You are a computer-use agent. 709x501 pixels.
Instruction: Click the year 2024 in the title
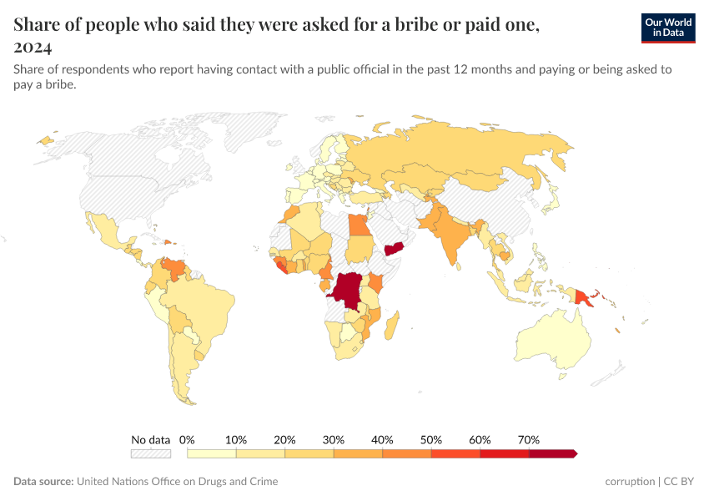[x=33, y=46]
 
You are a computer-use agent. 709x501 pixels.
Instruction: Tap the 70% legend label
[x=529, y=439]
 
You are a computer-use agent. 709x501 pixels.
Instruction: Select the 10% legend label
[x=236, y=439]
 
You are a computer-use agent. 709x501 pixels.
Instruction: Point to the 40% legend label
[x=382, y=439]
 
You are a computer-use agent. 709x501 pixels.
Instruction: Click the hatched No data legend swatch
[x=150, y=453]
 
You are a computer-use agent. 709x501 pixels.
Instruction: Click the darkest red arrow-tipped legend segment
[x=552, y=453]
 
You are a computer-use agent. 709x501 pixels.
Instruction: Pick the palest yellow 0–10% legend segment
[x=212, y=453]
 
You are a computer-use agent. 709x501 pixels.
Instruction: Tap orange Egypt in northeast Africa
[x=358, y=225]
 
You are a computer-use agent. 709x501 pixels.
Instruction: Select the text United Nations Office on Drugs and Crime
[x=177, y=482]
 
